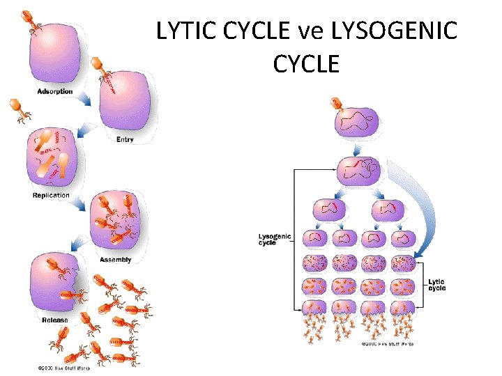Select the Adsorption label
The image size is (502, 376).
tap(55, 91)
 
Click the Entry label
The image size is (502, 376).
tap(125, 140)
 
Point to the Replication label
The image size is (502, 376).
tap(51, 195)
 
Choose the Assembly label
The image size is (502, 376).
tap(115, 260)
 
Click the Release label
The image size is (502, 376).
tap(55, 320)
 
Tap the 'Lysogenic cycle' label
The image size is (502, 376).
tap(274, 240)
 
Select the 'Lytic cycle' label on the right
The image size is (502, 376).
tap(437, 285)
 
